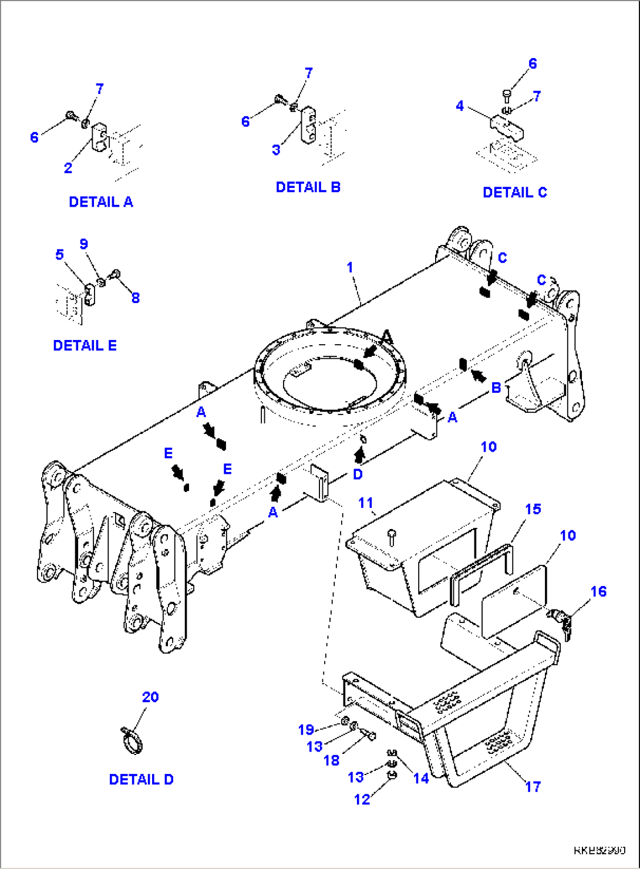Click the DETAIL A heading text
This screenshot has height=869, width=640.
click(x=101, y=202)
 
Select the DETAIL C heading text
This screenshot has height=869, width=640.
click(x=514, y=193)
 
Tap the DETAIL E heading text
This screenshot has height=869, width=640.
click(x=85, y=345)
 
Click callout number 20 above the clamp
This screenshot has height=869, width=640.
click(x=150, y=697)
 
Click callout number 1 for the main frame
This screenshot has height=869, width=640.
click(x=350, y=268)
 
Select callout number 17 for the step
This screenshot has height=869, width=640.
click(x=533, y=787)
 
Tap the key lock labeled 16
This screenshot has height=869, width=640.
click(x=559, y=621)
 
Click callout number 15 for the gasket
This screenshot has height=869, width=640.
click(x=533, y=509)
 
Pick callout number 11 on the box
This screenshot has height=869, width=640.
click(x=366, y=503)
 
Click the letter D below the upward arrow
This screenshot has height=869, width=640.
click(x=358, y=474)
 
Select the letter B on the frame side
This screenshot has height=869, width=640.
click(x=496, y=388)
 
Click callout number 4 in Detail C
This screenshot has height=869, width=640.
click(x=460, y=106)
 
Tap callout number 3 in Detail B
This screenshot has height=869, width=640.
click(x=276, y=150)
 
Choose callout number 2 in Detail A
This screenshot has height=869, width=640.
click(x=68, y=168)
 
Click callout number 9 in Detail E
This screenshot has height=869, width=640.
click(x=84, y=244)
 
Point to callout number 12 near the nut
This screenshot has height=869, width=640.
click(x=362, y=799)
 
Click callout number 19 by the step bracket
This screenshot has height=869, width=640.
click(x=306, y=730)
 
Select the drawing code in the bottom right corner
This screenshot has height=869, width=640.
click(x=599, y=850)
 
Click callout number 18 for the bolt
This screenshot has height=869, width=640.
click(x=332, y=760)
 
